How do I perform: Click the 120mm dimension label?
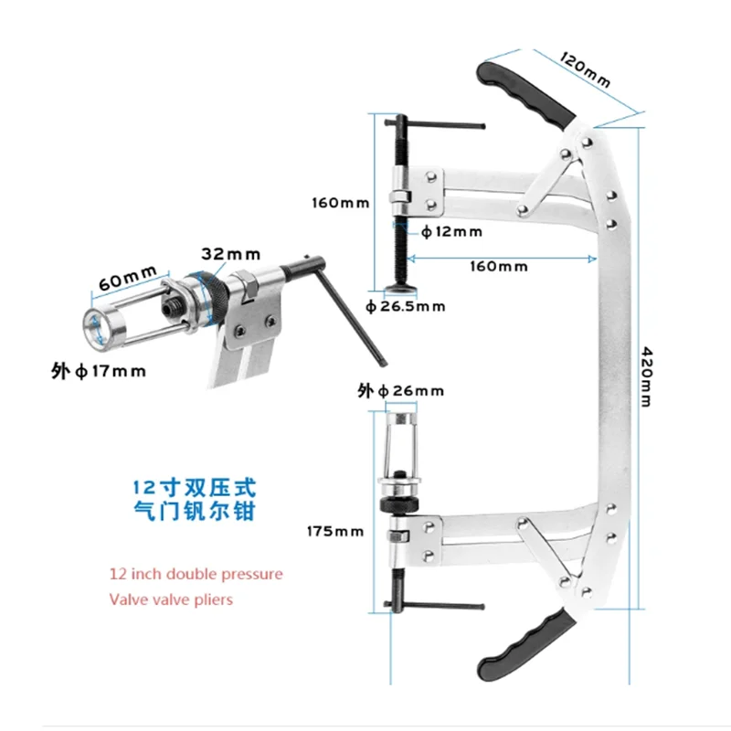coord(585,70)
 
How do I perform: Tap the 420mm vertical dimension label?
coord(647,376)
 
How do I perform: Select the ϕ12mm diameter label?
coord(451,232)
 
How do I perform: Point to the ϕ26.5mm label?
coord(405,307)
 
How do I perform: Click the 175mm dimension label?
coord(335,532)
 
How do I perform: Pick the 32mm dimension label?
coord(231,254)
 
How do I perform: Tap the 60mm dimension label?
coord(127,279)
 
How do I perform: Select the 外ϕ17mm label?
coord(99,372)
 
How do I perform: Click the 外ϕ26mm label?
coord(400,391)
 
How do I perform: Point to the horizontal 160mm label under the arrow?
coord(499,267)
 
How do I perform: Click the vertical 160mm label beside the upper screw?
coord(340,203)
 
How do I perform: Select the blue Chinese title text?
coord(195,499)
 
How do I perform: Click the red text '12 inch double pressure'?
coord(196,574)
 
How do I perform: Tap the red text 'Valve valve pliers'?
coord(171,599)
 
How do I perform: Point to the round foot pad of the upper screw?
coord(400,289)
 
